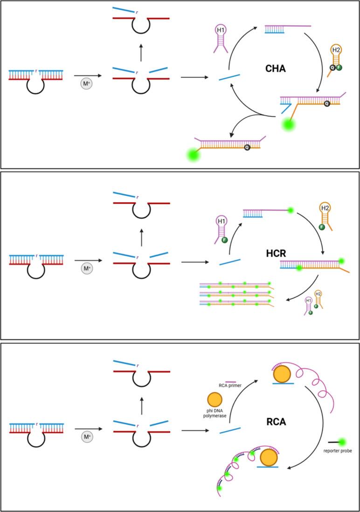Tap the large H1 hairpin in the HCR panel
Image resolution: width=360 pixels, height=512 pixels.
point(222,226)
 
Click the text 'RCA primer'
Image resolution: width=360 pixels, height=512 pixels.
point(231,385)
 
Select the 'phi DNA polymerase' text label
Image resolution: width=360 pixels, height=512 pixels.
point(215,413)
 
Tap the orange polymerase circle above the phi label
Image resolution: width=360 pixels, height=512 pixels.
point(215,399)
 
